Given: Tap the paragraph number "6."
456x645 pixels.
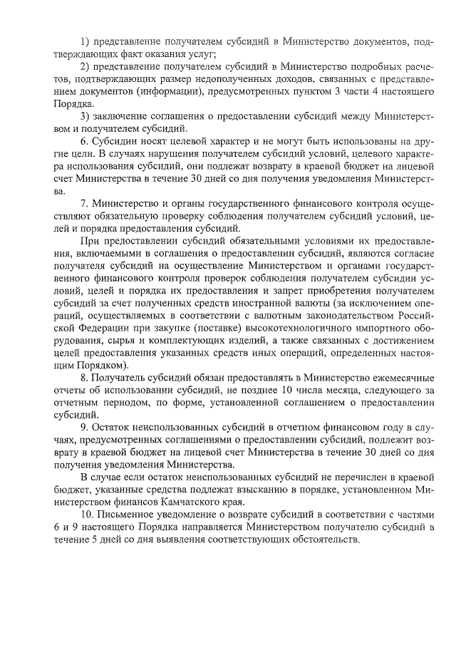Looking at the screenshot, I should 84,142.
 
